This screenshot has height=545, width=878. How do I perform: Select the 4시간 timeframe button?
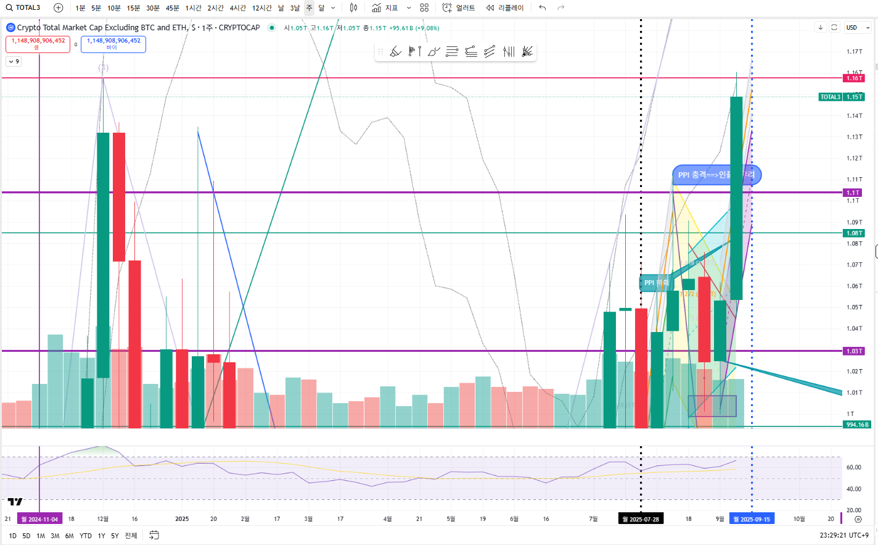pyautogui.click(x=237, y=8)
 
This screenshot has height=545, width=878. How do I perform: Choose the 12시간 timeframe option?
pyautogui.click(x=261, y=8)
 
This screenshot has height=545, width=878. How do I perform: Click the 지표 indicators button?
pyautogui.click(x=385, y=8)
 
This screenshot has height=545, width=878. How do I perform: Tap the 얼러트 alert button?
pyautogui.click(x=459, y=8)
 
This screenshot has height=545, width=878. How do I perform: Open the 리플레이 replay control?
pyautogui.click(x=505, y=8)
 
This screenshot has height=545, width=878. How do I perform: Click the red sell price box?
pyautogui.click(x=38, y=44)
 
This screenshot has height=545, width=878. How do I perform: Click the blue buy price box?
pyautogui.click(x=113, y=44)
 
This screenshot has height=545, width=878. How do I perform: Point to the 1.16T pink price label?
pyautogui.click(x=854, y=78)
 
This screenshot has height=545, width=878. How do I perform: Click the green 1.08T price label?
pyautogui.click(x=854, y=233)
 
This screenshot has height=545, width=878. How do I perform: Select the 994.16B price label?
pyautogui.click(x=857, y=425)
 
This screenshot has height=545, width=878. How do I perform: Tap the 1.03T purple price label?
pyautogui.click(x=854, y=351)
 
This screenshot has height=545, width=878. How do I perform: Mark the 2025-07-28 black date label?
pyautogui.click(x=641, y=519)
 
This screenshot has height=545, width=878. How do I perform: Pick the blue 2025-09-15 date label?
pyautogui.click(x=751, y=519)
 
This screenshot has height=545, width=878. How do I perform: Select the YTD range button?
pyautogui.click(x=86, y=536)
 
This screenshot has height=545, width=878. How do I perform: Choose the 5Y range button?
pyautogui.click(x=115, y=536)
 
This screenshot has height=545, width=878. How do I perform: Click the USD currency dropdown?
pyautogui.click(x=858, y=28)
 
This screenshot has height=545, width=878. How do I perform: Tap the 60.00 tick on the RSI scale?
pyautogui.click(x=854, y=467)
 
